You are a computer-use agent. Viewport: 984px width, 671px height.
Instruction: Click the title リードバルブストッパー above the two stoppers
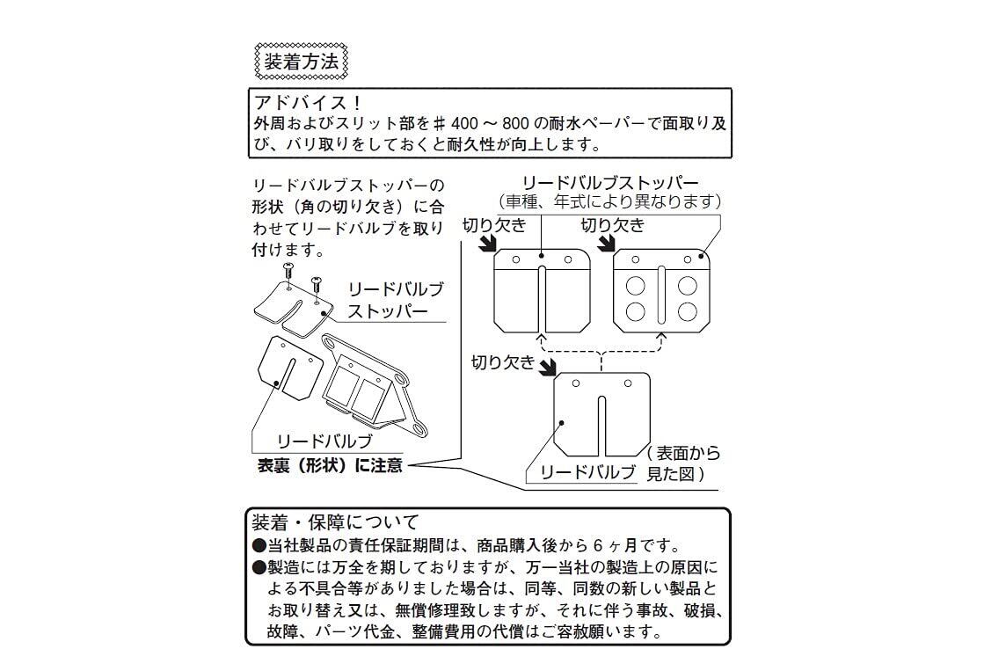(610, 183)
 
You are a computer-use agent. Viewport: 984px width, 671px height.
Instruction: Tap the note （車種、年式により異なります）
(610, 201)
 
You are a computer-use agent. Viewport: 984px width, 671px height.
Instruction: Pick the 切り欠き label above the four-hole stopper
(612, 225)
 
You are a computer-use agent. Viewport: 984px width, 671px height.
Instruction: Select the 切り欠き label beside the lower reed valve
(503, 361)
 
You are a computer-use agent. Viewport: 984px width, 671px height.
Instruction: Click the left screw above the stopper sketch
(288, 272)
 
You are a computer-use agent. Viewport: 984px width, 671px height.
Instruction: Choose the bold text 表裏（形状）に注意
(330, 466)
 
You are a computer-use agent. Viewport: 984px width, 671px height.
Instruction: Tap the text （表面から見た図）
(682, 463)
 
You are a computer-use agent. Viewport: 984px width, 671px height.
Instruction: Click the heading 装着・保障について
(335, 521)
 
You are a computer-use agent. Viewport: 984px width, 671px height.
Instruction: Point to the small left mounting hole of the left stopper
(515, 259)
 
